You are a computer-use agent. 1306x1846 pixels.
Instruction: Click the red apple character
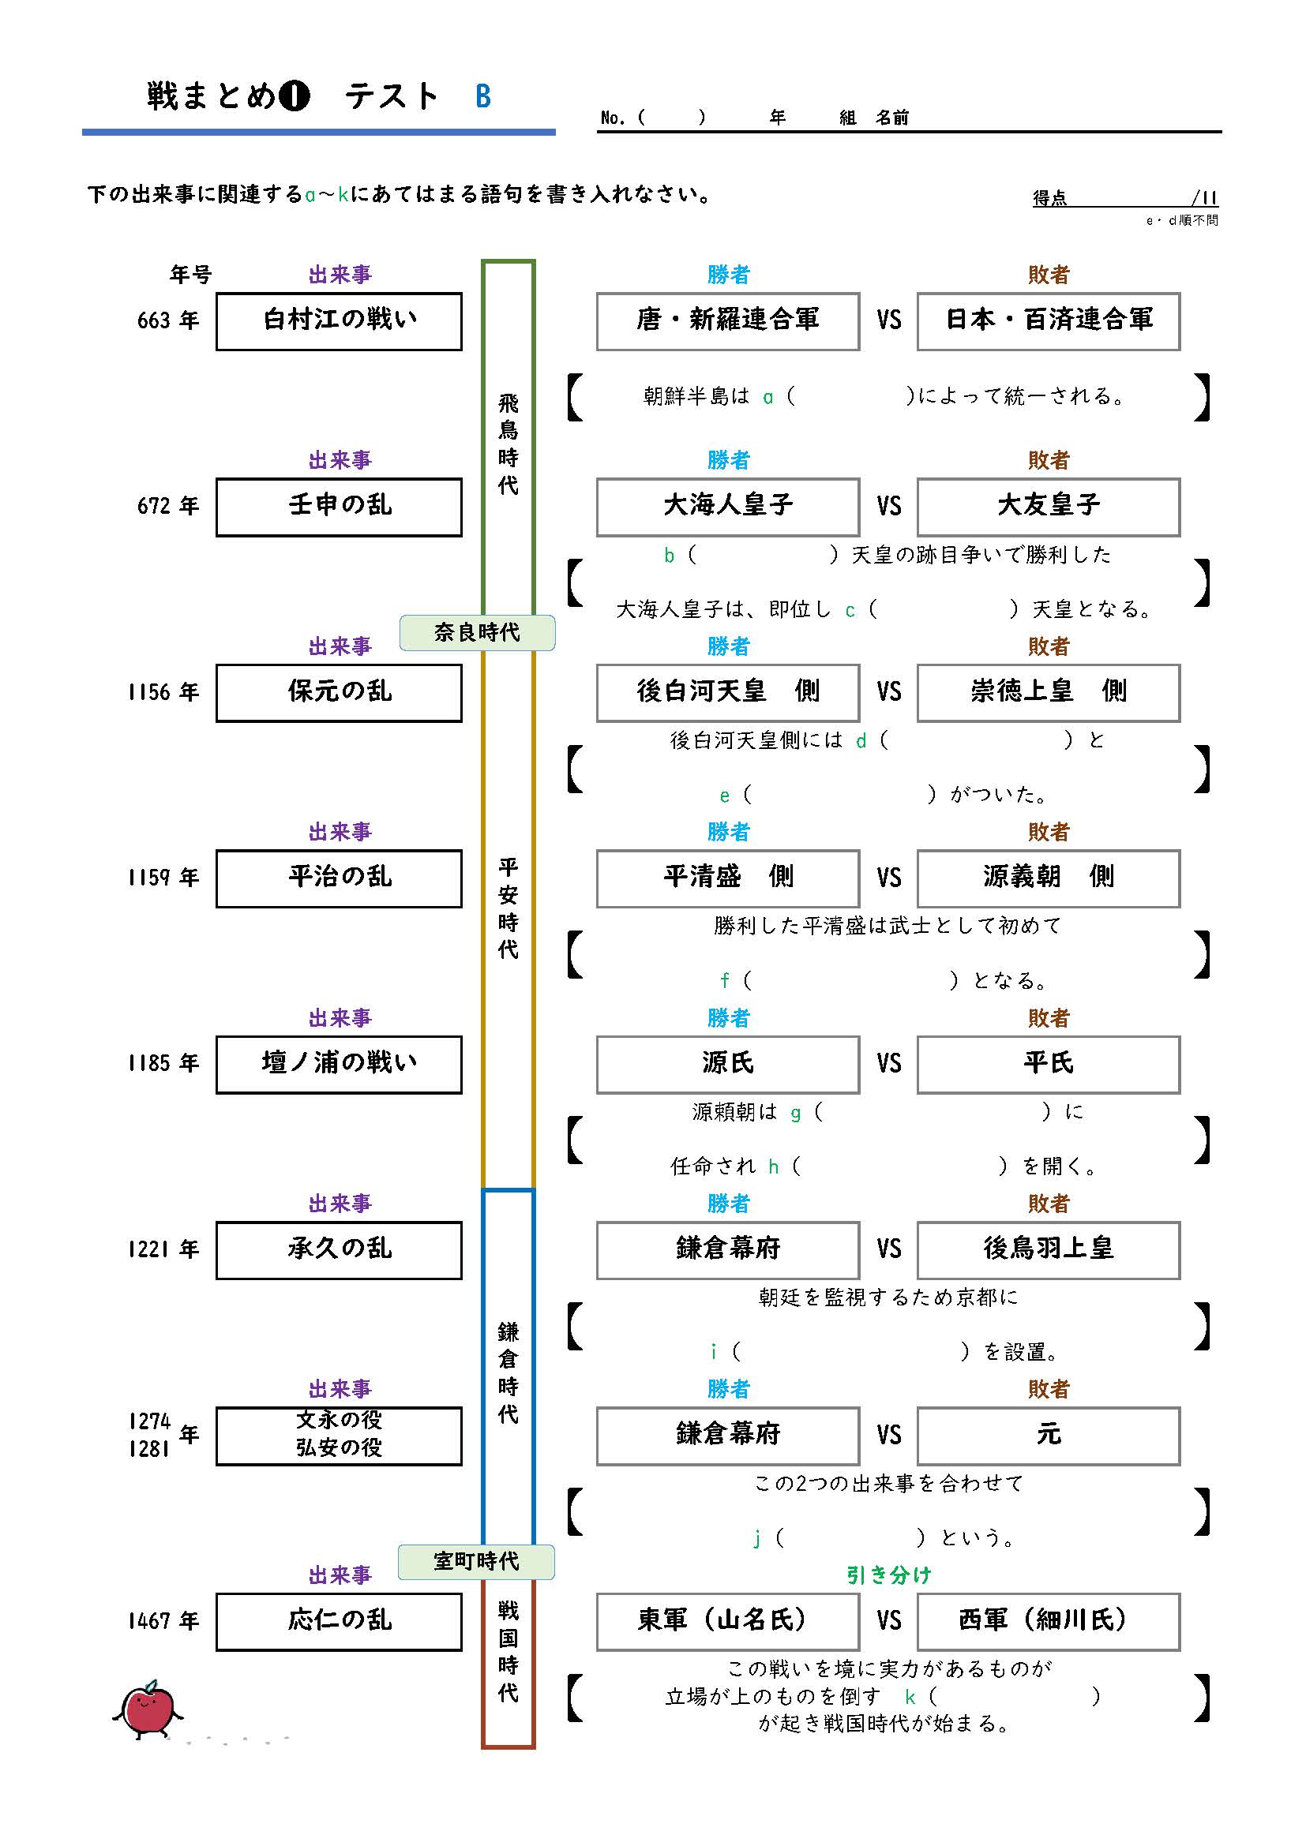[x=147, y=1709]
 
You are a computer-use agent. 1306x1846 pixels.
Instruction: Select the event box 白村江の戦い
[x=339, y=320]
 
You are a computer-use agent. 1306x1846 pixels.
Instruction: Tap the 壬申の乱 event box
[x=339, y=507]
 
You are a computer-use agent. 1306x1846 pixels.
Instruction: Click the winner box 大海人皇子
[x=727, y=507]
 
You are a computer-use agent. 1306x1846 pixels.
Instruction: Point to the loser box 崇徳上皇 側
[x=1048, y=692]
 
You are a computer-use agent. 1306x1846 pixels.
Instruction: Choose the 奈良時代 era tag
[x=477, y=633]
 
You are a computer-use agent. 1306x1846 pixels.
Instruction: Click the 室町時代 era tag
[x=476, y=1561]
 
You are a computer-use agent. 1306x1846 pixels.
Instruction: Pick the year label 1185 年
[x=163, y=1064]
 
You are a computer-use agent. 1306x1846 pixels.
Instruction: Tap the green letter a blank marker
[x=768, y=397]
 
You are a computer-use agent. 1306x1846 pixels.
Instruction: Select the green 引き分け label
[x=888, y=1575]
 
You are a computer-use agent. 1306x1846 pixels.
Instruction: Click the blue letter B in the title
[x=482, y=97]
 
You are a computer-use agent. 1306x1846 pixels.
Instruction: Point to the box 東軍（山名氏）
[x=727, y=1621]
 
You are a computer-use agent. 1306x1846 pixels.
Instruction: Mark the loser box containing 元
[x=1048, y=1435]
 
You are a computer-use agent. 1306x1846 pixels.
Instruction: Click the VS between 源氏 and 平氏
[x=888, y=1064]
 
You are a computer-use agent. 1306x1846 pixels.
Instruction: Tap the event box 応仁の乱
[x=339, y=1621]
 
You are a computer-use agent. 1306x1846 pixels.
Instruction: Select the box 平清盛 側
[x=727, y=878]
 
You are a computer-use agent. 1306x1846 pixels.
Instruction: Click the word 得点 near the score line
[x=1049, y=199]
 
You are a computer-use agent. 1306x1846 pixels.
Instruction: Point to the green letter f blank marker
[x=725, y=981]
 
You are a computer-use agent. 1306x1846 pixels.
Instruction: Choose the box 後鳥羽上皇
[x=1048, y=1249]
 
